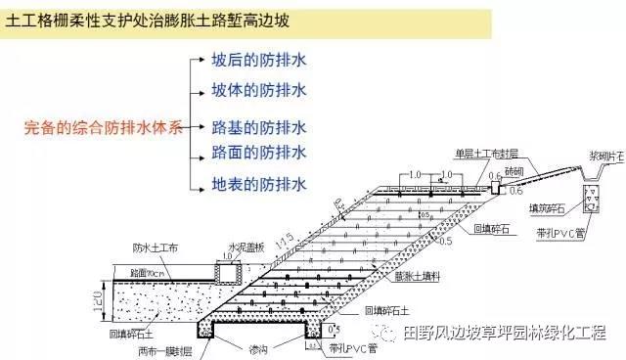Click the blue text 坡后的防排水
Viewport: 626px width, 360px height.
coord(259,60)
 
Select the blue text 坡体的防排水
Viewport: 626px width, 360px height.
coord(259,90)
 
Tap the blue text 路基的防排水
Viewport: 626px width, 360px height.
coord(259,126)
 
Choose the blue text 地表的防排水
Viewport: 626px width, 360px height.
coord(259,183)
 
